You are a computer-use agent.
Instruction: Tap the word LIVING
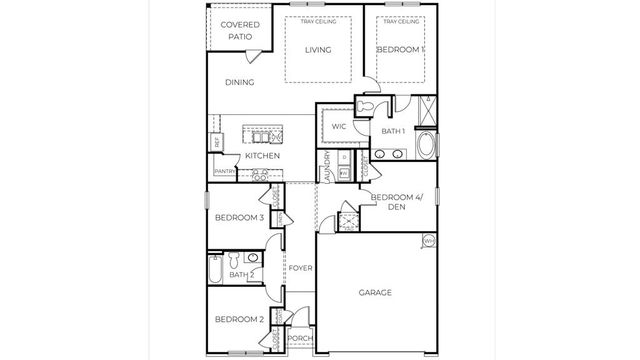coord(318,49)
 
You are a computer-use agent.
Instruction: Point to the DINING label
coord(239,82)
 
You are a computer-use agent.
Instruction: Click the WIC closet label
coord(339,126)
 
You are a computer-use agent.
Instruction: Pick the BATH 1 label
coord(393,131)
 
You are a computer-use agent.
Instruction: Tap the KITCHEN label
coord(262,156)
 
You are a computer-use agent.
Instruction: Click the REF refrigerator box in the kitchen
coord(217,141)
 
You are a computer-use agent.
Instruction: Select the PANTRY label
coord(224,172)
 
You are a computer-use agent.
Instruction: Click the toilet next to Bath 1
coord(366,108)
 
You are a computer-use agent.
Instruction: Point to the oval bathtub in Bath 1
coord(426,149)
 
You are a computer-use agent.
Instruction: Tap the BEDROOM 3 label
coord(240,217)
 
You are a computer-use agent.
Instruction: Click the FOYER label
coord(300,268)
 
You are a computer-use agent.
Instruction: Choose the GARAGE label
coord(375,293)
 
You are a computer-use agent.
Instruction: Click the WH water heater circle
coord(429,241)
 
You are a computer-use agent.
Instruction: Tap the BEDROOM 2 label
coord(240,319)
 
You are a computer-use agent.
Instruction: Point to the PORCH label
coord(299,339)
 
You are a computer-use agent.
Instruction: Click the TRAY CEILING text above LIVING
coord(318,20)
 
